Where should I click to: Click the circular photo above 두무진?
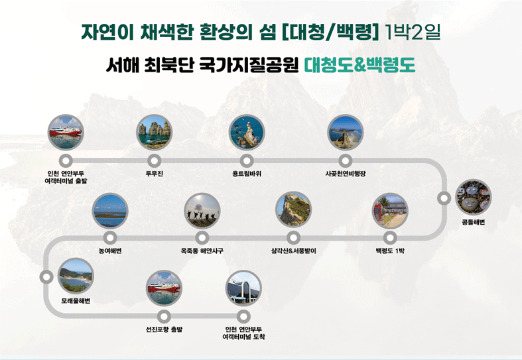154,132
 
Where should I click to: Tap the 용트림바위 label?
247,174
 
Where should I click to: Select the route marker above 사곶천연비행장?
345,161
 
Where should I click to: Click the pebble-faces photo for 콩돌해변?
473,198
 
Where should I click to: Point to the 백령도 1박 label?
390,251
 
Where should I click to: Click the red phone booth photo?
390,211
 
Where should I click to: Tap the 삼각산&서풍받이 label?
293,251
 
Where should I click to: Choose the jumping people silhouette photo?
202,211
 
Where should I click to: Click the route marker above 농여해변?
110,238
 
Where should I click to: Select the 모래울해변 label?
76,301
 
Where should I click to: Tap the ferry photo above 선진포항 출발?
164,288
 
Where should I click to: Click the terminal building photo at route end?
243,288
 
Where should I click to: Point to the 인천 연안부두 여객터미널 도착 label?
243,333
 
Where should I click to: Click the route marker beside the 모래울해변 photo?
46,277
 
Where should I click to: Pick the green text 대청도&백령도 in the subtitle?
360,65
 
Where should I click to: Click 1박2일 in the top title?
412,32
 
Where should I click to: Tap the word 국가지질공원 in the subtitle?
249,65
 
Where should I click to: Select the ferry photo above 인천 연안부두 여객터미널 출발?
66,132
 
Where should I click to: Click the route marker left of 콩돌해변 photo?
444,198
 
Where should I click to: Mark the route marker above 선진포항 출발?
164,316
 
